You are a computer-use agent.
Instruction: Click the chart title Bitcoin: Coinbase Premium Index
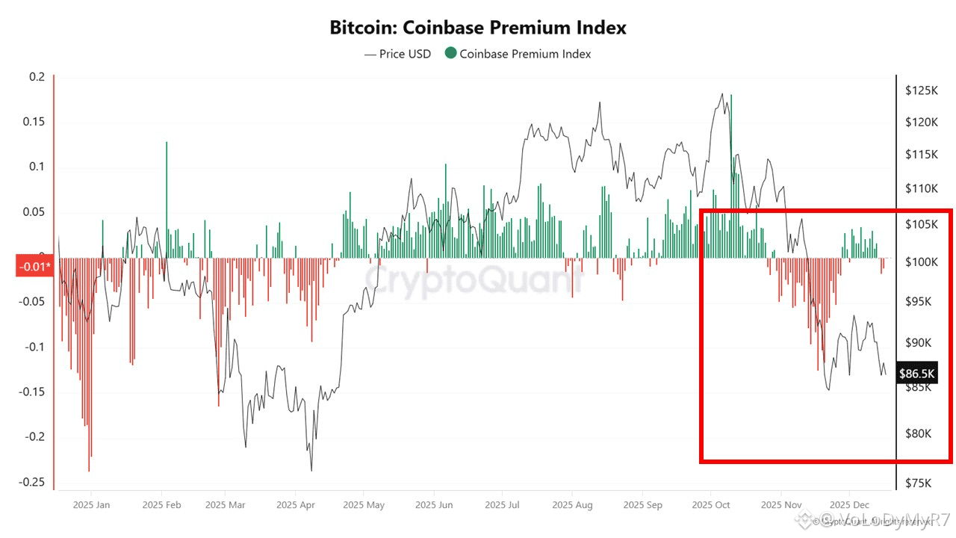click(478, 28)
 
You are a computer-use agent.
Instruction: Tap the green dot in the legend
click(450, 54)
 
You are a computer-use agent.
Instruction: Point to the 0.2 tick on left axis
click(37, 77)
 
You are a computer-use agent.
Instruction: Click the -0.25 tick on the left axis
click(33, 482)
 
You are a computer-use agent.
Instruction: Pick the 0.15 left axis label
click(34, 122)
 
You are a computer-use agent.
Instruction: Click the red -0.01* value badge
click(34, 266)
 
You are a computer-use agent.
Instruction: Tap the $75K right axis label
click(920, 483)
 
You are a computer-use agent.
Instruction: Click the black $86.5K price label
click(917, 371)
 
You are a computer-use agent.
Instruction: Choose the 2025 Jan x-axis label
click(91, 505)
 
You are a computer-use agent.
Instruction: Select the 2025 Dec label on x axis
click(849, 505)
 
